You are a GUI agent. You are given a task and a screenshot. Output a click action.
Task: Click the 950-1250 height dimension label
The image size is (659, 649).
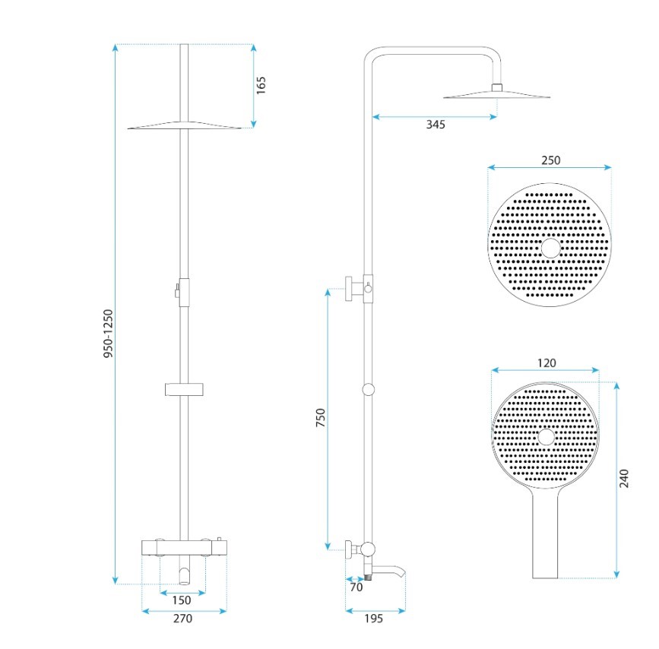click(x=109, y=334)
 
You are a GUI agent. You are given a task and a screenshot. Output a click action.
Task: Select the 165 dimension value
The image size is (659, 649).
click(x=261, y=85)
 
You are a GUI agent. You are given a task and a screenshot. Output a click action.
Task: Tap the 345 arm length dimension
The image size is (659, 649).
click(x=436, y=125)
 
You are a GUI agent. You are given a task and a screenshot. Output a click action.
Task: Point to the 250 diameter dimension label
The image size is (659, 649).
click(x=550, y=160)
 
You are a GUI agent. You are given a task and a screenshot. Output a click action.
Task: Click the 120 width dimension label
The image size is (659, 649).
click(x=547, y=362)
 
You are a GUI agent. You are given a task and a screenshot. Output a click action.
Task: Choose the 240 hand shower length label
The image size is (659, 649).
click(x=624, y=478)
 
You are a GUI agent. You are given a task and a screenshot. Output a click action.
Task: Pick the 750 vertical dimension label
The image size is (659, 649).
click(x=320, y=417)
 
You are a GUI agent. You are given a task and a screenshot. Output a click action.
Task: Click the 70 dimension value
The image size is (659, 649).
click(x=356, y=587)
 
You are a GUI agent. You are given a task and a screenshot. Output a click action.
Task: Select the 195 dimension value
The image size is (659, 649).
click(x=374, y=619)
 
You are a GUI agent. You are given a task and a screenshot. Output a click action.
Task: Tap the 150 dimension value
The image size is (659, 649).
click(x=182, y=600)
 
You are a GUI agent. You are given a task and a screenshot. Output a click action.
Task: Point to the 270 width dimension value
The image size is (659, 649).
click(x=183, y=619)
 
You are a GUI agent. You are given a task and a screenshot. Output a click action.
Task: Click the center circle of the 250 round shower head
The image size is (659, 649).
click(x=550, y=248)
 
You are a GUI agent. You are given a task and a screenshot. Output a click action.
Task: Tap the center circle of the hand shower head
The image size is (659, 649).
click(x=546, y=437)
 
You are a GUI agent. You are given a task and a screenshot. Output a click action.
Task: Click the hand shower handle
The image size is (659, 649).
click(x=545, y=533)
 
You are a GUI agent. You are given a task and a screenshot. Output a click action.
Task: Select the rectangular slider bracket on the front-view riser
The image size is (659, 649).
click(x=185, y=389)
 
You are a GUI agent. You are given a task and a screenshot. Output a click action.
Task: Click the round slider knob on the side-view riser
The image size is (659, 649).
click(x=368, y=389)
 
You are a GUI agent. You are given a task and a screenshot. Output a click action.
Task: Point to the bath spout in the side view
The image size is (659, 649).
click(x=388, y=571)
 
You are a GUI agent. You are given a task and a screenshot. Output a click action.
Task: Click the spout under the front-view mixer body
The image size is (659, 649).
click(x=185, y=575)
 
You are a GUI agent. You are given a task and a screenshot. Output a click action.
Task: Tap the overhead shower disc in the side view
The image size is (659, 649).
click(x=497, y=94)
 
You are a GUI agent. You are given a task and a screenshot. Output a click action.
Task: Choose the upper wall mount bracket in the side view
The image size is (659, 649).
click(x=354, y=289)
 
